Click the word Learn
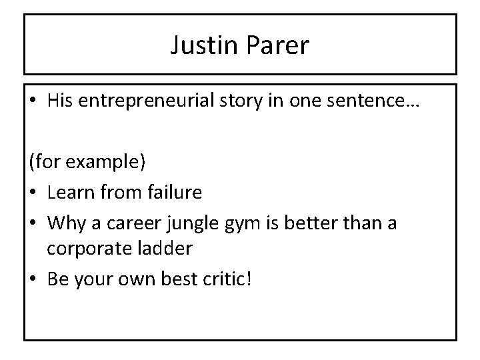70,192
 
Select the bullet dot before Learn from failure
32,193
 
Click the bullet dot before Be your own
32,277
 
